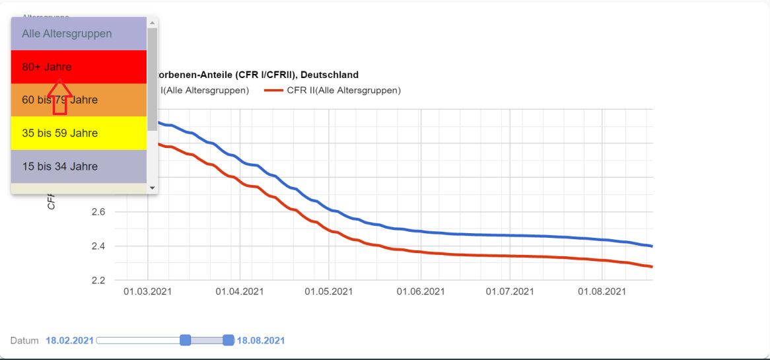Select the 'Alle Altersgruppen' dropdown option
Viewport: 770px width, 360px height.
click(67, 34)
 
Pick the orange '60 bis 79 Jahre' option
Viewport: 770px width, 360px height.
click(59, 100)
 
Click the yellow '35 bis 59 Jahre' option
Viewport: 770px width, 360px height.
click(59, 133)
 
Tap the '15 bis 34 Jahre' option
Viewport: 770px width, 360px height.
click(59, 166)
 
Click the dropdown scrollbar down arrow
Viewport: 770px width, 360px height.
click(153, 188)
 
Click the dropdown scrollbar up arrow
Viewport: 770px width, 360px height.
click(153, 22)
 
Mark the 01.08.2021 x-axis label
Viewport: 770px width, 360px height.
click(602, 291)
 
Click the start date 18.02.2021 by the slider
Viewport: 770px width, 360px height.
click(69, 341)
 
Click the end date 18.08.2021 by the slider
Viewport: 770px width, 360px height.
click(261, 341)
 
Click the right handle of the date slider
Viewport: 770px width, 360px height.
click(228, 340)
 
